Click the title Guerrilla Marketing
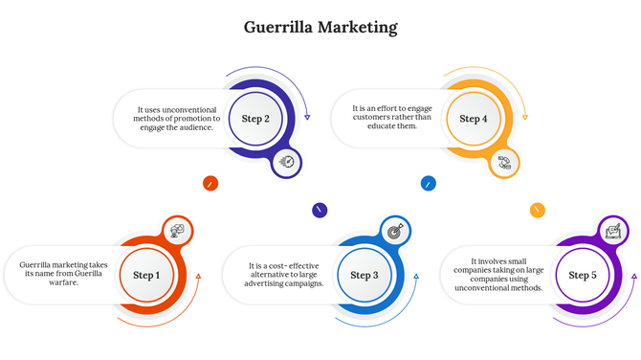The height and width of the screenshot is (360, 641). point(320,27)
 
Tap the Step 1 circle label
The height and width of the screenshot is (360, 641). point(146,276)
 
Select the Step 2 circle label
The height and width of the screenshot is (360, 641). point(255,119)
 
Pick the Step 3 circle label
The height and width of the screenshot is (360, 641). point(364,276)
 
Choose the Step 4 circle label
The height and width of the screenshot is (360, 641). point(473,119)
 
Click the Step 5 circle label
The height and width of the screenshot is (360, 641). point(583,276)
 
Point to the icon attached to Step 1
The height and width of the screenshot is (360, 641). point(177,230)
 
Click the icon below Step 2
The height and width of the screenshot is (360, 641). point(286,163)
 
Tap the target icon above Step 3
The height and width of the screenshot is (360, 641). point(395,230)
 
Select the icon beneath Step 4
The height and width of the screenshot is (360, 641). point(504,163)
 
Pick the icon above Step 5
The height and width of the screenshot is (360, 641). point(613,231)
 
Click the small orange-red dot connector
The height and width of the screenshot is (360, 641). point(210,183)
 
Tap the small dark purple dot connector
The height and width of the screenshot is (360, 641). point(320,210)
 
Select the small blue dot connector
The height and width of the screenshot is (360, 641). point(429,183)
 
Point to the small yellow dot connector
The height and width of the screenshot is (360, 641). point(538,210)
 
